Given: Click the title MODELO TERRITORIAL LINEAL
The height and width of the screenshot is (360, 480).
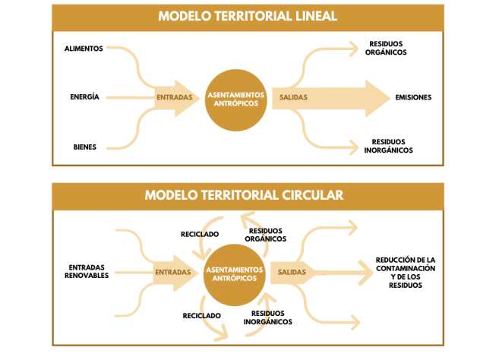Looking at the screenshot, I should point(248,16).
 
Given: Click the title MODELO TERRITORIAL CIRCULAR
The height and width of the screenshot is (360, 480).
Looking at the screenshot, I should point(245,195).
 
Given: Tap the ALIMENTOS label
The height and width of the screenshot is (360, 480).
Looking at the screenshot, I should point(84,49).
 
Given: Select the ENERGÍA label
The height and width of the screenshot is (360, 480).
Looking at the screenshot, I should point(84,97).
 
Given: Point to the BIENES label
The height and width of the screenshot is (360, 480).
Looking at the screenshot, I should point(85,147).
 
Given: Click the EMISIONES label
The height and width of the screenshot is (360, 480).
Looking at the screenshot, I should point(413,97).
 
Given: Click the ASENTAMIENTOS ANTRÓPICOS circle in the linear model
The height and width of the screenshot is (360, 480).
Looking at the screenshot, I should point(236,97).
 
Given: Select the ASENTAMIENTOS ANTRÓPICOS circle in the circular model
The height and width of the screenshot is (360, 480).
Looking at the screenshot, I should point(235,273).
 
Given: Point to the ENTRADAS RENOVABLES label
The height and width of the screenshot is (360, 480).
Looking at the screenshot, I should point(87,271).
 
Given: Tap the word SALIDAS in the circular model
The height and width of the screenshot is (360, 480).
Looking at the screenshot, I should point(292,272).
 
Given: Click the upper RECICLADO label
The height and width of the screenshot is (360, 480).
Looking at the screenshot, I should point(200,234).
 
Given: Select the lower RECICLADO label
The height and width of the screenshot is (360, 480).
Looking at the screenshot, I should point(202,315).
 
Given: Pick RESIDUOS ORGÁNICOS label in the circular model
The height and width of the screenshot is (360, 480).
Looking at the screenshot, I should point(266,234).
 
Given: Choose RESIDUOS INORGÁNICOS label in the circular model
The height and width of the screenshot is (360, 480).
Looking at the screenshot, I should point(268,317).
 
